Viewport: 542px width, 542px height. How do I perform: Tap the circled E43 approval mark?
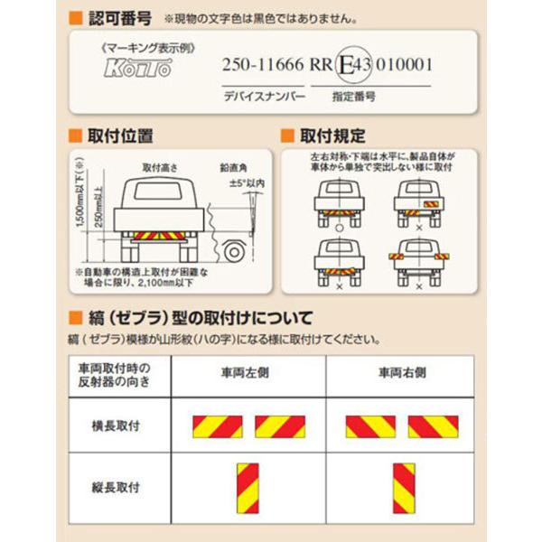click(346, 66)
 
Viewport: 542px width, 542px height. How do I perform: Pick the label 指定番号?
click(353, 94)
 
